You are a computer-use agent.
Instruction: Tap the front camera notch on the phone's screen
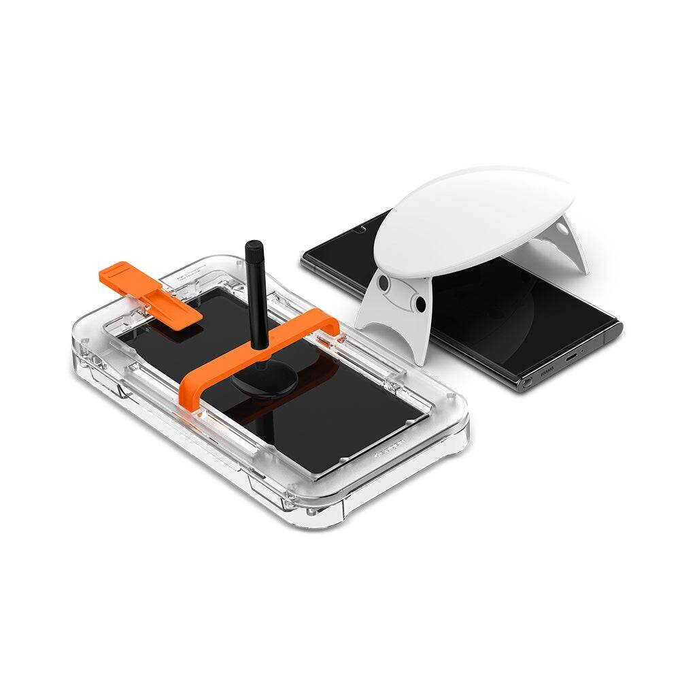[359, 229]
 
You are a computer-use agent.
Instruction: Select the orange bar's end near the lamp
[329, 322]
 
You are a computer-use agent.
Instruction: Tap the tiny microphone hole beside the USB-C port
[581, 350]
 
